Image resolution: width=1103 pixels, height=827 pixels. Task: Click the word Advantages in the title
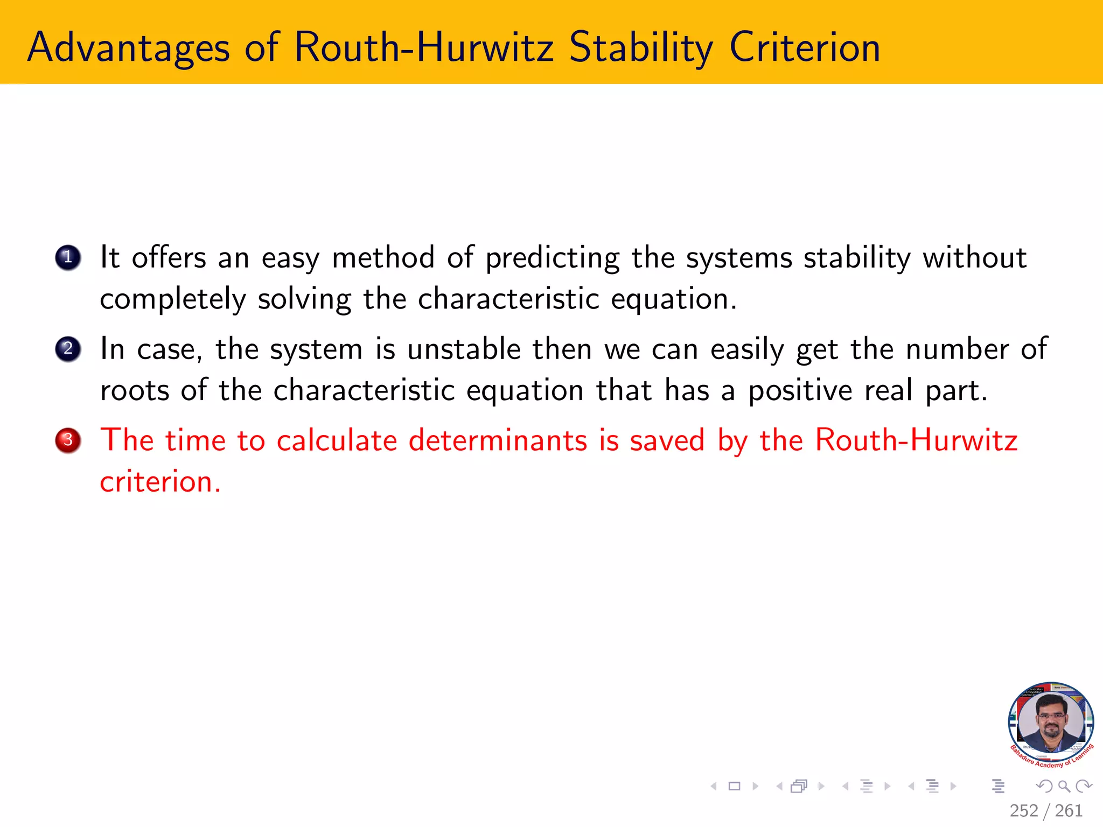coord(129,48)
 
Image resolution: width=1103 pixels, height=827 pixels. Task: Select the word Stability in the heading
coord(641,48)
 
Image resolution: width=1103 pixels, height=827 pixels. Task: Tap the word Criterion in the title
coord(805,48)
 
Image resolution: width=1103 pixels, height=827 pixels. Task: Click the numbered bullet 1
coord(68,257)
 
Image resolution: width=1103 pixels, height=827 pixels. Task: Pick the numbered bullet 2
coord(68,349)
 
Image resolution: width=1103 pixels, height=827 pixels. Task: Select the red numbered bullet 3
coord(68,440)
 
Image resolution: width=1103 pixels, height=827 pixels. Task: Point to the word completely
coord(172,299)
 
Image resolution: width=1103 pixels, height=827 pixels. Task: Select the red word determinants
coord(498,440)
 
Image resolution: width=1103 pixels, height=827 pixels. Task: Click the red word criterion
coord(160,481)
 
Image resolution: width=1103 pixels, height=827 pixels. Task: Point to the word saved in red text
coord(667,440)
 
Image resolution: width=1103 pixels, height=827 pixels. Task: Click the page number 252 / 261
coord(1046,810)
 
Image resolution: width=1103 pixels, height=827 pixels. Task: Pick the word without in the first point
coord(974,257)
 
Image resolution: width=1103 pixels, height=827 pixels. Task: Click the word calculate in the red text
coord(337,440)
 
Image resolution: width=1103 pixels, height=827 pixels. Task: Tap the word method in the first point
coord(383,257)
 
